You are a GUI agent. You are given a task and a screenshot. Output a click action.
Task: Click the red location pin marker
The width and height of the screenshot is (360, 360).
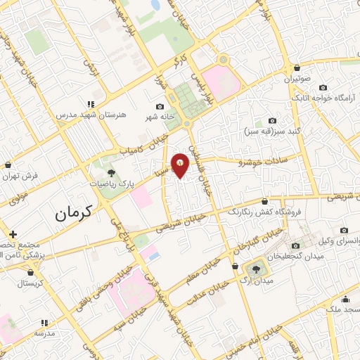click(x=181, y=165)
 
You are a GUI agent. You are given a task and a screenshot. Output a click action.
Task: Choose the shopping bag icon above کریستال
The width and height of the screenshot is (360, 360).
click(x=30, y=271)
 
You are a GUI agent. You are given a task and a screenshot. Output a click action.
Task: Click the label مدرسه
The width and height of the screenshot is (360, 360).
click(x=45, y=333)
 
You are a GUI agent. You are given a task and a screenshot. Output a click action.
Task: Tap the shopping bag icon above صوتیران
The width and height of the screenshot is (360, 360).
click(x=297, y=67)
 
